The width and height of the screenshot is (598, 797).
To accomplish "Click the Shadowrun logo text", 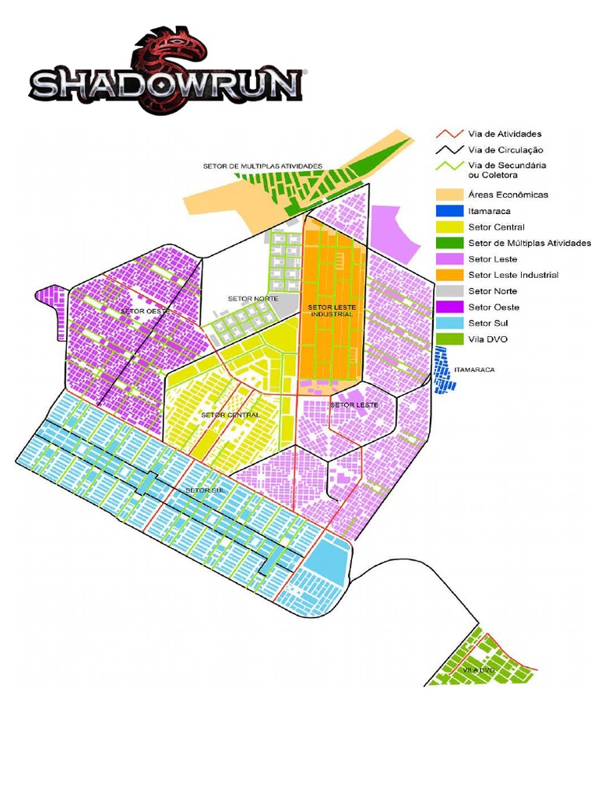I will click(166, 84).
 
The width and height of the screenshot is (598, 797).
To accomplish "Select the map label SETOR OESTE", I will click(145, 311).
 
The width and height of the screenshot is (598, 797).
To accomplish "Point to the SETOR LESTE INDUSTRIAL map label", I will click(331, 311).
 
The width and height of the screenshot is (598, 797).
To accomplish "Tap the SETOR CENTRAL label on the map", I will click(230, 415).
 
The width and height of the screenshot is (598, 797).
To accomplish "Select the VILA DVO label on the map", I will click(479, 669).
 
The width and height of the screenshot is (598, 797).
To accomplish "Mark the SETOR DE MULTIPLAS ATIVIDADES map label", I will click(262, 166).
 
